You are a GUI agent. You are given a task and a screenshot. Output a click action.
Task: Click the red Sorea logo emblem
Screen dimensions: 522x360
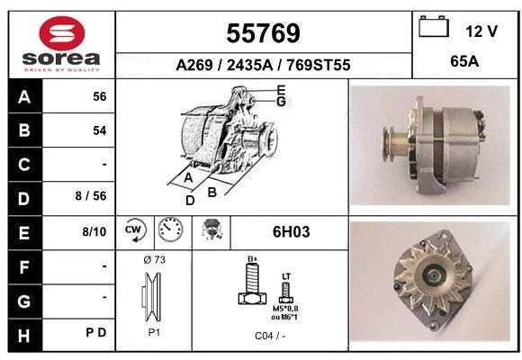[x=62, y=33]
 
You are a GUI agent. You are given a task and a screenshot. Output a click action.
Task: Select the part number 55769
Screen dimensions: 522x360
[x=263, y=33]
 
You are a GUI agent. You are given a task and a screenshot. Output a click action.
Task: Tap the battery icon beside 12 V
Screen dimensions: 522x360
[x=434, y=26]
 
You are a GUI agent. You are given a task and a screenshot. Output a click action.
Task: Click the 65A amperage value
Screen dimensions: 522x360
[x=464, y=61]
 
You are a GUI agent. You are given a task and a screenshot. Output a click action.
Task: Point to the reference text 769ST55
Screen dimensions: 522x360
[x=319, y=65]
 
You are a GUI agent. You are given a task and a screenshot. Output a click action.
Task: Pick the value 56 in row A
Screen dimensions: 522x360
[x=100, y=96]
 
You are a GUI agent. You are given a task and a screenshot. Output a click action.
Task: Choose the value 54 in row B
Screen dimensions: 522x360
[x=100, y=130]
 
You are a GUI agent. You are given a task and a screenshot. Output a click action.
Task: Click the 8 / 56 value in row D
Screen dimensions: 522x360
[x=91, y=196]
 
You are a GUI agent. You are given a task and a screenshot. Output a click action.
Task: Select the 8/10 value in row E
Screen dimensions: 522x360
[x=94, y=231]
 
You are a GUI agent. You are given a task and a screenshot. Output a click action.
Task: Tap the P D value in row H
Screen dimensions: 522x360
[x=96, y=332]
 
